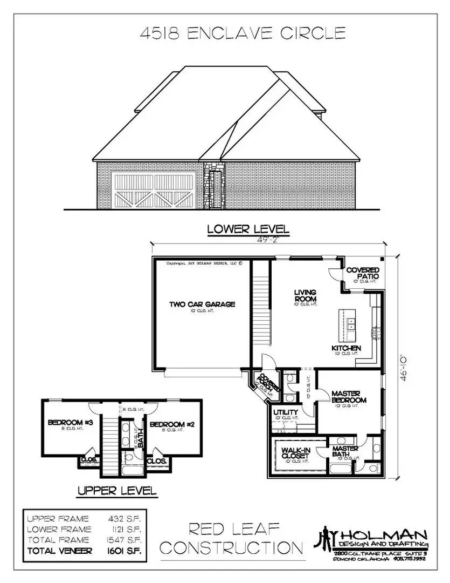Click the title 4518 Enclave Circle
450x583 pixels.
point(242,34)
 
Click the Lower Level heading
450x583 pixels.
point(248,229)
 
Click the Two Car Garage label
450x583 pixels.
point(202,304)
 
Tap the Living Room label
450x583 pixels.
point(305,296)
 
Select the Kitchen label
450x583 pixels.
point(346,348)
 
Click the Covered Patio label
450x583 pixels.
point(362,273)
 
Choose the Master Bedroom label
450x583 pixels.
point(349,397)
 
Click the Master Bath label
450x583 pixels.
point(345,451)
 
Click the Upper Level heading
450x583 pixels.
point(117,491)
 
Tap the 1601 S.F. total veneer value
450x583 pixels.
point(127,551)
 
